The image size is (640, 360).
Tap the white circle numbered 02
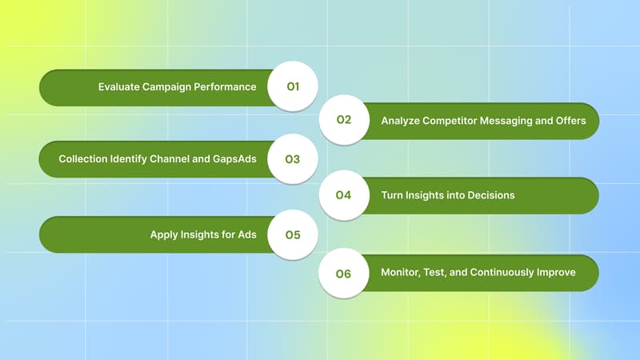344,121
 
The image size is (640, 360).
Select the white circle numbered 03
293,159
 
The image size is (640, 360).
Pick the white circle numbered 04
344,195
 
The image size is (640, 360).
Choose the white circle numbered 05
293,235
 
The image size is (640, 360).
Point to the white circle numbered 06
344,274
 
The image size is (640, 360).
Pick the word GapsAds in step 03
235,159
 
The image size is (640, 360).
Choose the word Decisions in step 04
489,195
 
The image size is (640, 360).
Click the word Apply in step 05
165,235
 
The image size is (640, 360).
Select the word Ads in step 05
245,235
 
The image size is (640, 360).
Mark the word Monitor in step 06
402,273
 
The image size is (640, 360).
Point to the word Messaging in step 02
513,122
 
